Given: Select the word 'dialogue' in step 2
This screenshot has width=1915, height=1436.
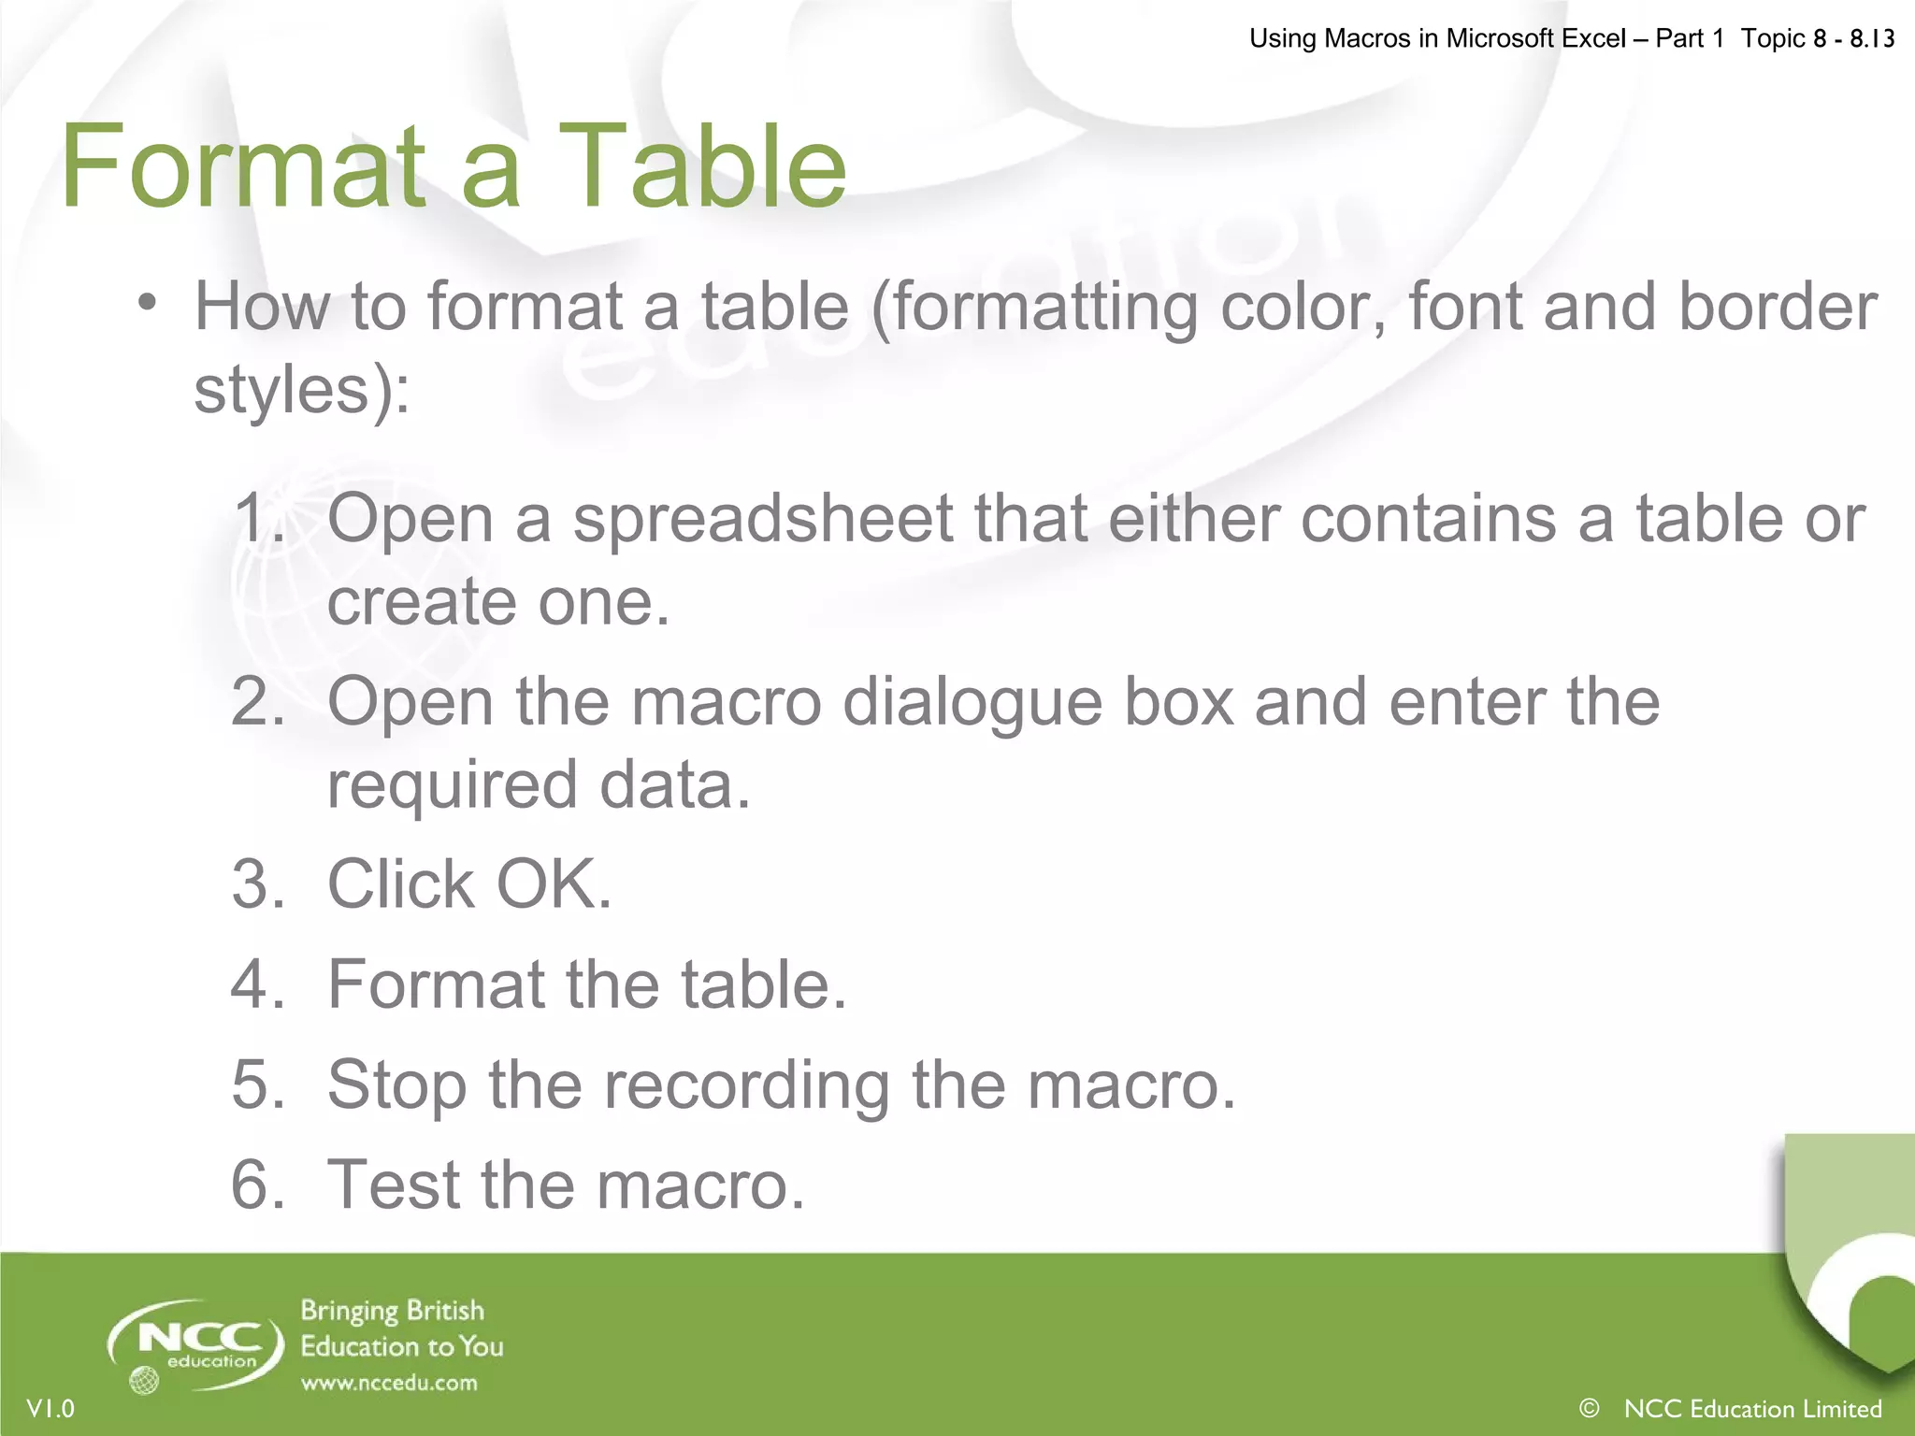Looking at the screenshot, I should click(x=972, y=703).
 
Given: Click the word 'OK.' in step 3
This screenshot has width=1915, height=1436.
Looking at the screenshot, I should click(x=554, y=883).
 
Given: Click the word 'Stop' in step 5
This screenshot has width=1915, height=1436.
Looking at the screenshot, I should click(x=396, y=1085).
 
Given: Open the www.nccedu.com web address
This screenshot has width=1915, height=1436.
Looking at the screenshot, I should click(x=389, y=1383).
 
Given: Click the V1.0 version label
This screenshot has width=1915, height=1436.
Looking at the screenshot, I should click(x=51, y=1408).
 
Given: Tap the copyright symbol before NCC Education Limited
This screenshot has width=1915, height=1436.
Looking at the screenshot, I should click(x=1589, y=1407).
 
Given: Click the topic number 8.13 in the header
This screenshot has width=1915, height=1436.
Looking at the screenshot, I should click(x=1872, y=38).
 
